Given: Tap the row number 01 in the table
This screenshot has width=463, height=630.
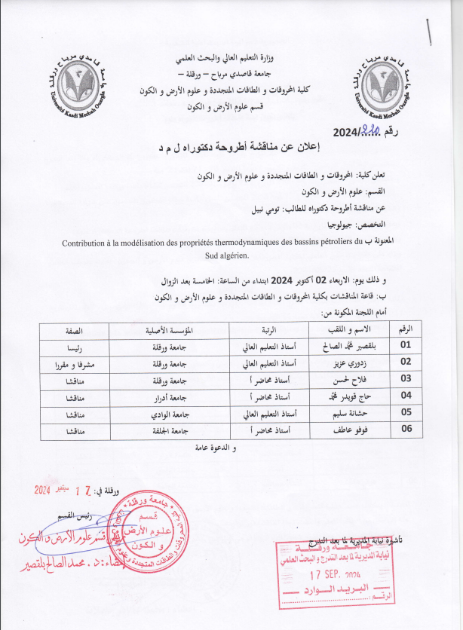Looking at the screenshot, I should click(406, 345).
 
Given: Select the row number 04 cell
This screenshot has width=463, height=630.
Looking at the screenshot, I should click(406, 395).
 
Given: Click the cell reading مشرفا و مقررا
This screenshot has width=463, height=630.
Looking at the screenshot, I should click(69, 362).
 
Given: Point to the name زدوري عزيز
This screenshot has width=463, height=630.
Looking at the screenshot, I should click(354, 362).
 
